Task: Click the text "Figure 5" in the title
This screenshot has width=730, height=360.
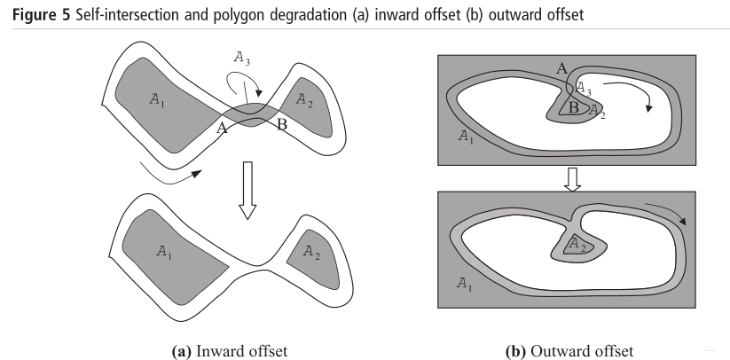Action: point(35,15)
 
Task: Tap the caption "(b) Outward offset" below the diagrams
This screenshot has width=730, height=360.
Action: point(570,351)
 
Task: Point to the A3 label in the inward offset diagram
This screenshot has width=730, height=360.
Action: point(240,59)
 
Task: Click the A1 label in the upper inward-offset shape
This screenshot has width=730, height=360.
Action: point(157,101)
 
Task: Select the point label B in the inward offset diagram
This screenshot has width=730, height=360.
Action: point(281,124)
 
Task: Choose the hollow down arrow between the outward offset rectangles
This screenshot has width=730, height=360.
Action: point(572,180)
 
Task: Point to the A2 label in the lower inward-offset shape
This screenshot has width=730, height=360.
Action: point(311,253)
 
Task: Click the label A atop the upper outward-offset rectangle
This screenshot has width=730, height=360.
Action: point(561,68)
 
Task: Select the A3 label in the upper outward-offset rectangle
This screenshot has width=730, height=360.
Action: point(584,87)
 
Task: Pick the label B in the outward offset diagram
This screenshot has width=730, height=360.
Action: point(574,108)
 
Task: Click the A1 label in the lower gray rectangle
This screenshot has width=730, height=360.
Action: point(463,283)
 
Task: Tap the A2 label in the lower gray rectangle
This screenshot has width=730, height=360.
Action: point(576,241)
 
